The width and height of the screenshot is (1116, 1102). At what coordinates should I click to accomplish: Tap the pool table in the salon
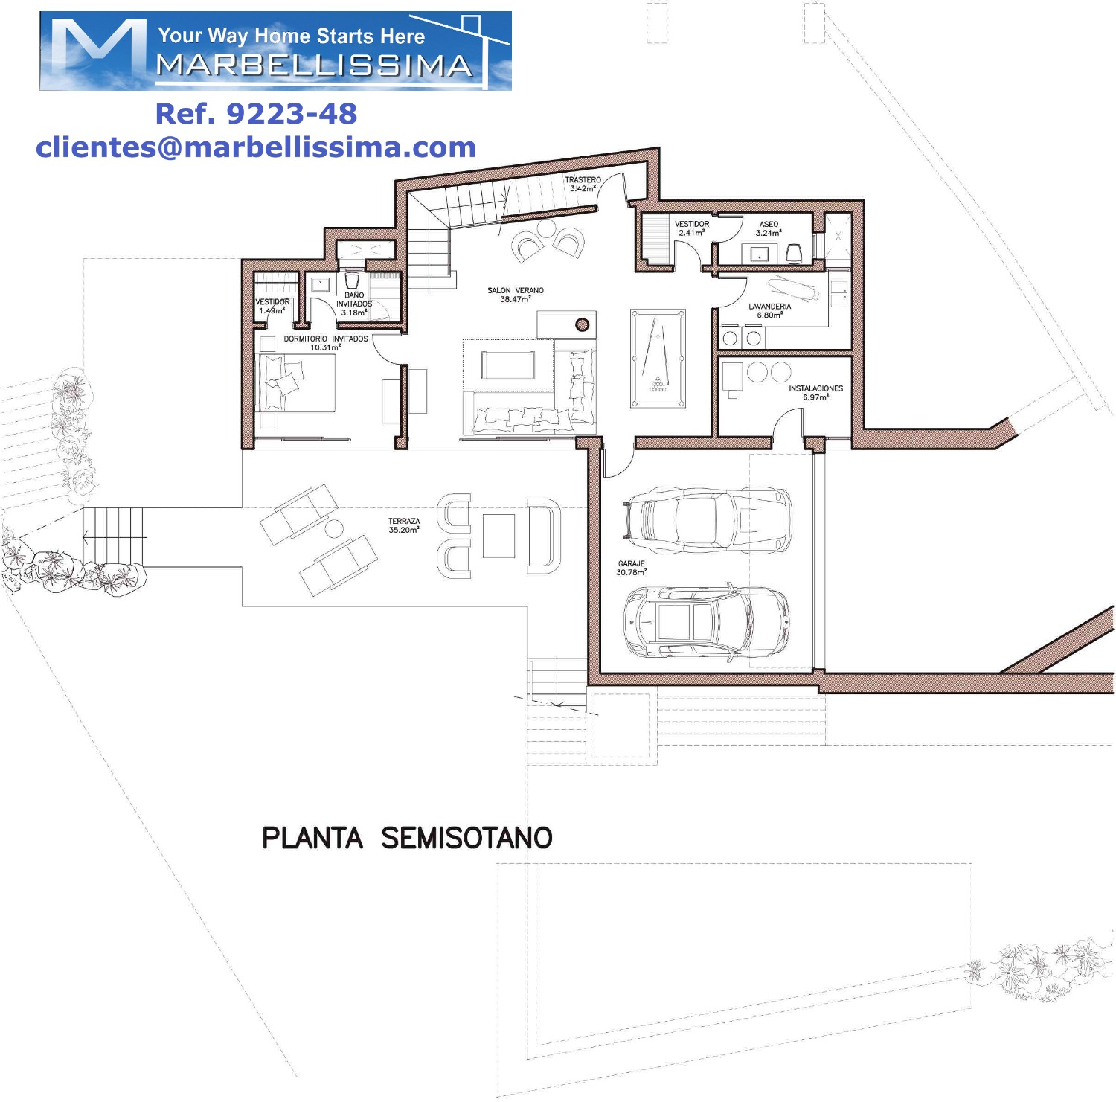[x=658, y=359]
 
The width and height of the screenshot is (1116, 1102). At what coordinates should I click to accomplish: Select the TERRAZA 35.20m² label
[x=404, y=525]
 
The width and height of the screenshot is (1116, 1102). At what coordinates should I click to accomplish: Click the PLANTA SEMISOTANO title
[x=407, y=838]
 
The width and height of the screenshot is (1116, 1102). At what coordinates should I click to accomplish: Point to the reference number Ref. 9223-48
[x=256, y=114]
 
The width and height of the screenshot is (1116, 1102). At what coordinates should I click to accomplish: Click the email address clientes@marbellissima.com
[x=256, y=147]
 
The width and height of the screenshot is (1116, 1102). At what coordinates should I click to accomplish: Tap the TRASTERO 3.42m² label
[x=583, y=184]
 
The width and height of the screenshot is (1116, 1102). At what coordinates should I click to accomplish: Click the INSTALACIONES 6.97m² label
[x=816, y=392]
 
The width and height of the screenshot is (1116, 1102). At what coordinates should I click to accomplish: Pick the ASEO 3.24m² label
[x=769, y=228]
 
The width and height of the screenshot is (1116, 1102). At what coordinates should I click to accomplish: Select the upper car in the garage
[x=706, y=519]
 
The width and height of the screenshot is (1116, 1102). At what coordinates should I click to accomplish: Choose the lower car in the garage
[x=706, y=622]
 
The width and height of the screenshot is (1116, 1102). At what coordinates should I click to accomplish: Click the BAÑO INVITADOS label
[x=354, y=304]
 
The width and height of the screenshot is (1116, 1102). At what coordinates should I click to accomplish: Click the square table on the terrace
[x=498, y=536]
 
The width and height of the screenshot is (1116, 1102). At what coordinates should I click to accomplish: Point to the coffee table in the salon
[x=508, y=365]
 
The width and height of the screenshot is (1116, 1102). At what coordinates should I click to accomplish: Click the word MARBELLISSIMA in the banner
[x=315, y=65]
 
